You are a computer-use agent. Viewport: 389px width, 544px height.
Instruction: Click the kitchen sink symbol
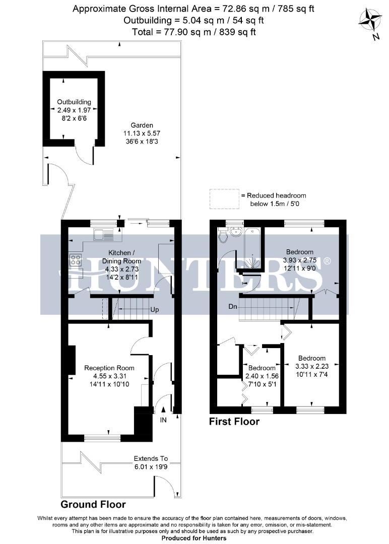[x=104, y=234]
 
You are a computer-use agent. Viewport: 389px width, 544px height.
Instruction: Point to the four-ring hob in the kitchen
[x=76, y=260]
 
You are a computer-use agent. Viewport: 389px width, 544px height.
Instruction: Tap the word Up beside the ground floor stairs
[x=155, y=310]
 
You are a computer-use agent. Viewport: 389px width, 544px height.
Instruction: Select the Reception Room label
[x=109, y=368]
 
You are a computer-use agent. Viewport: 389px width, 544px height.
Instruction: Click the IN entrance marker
[x=163, y=420]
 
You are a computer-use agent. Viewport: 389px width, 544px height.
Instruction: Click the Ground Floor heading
[x=93, y=504]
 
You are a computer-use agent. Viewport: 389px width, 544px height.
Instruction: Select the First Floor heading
[x=234, y=422]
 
